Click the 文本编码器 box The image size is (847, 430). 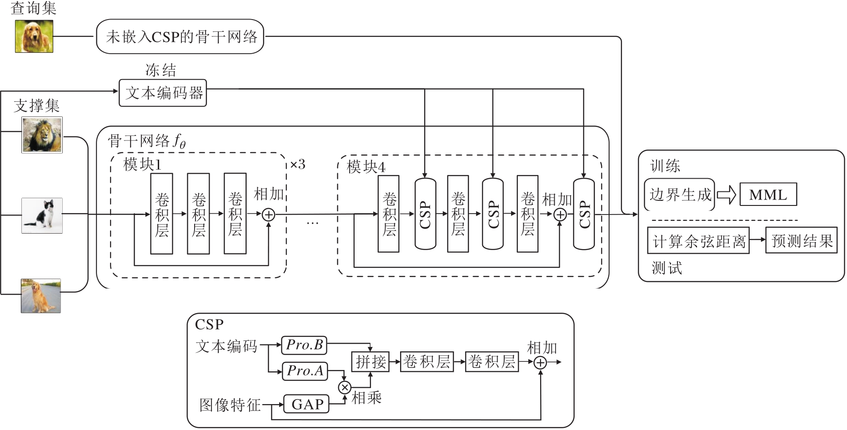163,93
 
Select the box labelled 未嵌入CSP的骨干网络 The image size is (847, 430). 180,36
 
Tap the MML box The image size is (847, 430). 768,195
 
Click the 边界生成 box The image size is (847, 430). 679,195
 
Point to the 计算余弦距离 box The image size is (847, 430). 698,241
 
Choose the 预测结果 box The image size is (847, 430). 801,240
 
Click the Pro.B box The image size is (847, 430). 304,345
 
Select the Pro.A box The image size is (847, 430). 305,371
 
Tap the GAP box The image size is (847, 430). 306,404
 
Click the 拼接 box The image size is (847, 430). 371,362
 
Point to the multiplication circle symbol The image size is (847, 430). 345,387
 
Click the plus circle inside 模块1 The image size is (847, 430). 269,214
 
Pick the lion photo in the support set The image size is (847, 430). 42,135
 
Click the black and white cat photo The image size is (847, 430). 42,215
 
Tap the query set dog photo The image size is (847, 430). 34,36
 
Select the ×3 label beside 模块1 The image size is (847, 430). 297,164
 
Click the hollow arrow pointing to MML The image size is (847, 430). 727,195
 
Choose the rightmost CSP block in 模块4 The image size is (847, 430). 584,214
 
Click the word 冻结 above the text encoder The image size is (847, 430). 160,70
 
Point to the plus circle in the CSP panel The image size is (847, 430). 540,362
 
